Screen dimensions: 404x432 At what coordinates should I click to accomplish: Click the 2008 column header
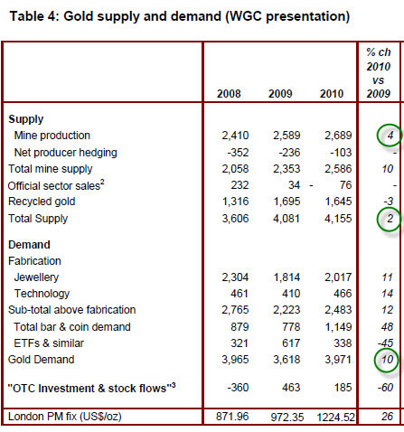tap(229, 94)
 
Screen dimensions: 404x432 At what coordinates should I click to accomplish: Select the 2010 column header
tap(332, 94)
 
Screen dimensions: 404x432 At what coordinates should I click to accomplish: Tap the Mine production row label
tap(52, 136)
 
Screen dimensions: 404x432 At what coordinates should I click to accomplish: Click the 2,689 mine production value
tap(338, 136)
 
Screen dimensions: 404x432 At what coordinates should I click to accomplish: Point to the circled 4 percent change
tap(390, 136)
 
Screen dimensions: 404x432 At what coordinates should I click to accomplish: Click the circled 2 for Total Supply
tap(390, 219)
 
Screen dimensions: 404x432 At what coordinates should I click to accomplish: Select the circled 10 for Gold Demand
tap(387, 360)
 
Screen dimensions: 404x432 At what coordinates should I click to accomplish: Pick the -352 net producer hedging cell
tap(238, 153)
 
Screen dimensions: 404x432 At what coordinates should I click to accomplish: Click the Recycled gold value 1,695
tap(287, 202)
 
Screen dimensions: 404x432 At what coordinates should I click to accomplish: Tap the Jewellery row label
tap(36, 277)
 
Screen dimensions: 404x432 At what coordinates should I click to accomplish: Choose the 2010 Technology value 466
tap(343, 294)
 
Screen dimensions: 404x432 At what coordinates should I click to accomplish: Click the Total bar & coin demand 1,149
tap(338, 327)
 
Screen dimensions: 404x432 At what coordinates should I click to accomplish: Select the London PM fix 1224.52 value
tap(335, 418)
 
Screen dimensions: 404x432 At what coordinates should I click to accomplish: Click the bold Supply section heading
tap(26, 119)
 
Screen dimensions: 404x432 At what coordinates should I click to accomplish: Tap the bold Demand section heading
tap(29, 245)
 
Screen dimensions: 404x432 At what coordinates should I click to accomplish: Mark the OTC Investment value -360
tap(238, 388)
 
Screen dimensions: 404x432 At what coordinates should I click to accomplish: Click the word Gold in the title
tap(79, 16)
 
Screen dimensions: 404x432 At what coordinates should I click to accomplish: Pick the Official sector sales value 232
tap(240, 185)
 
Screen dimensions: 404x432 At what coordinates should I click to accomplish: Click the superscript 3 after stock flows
tap(174, 384)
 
